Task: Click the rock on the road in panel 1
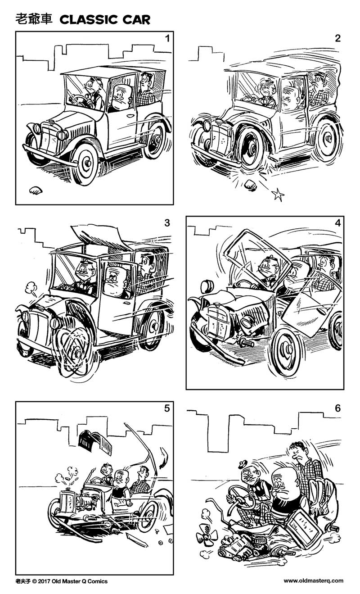(35, 191)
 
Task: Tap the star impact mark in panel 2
(278, 195)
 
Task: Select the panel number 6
(337, 408)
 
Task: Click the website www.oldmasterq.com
(313, 581)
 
